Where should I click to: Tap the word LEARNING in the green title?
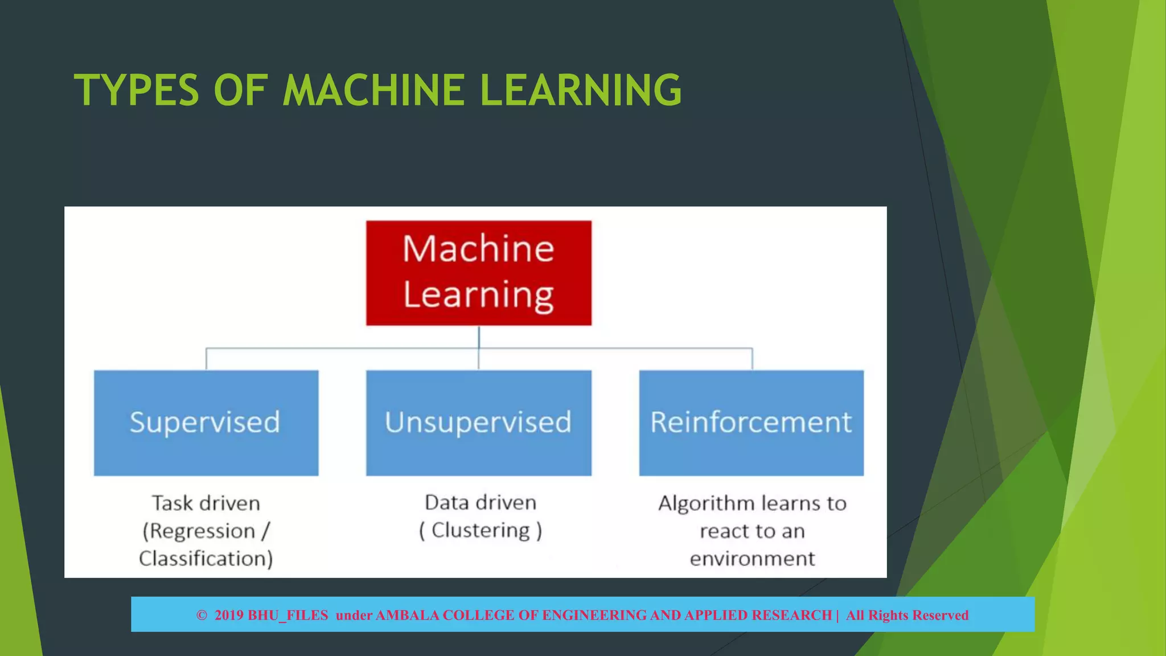[x=580, y=90]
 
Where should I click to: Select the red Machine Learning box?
[x=478, y=273]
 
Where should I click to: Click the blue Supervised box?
[x=206, y=423]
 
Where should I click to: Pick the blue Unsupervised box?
[x=478, y=423]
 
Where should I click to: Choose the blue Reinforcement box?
[x=751, y=423]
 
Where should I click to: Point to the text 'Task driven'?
[x=206, y=503]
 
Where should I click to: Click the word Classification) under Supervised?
[x=206, y=559]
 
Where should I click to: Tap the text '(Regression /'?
[x=206, y=531]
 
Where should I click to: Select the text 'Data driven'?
[x=481, y=502]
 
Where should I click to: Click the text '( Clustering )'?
[x=481, y=530]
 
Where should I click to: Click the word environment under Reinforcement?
[x=752, y=559]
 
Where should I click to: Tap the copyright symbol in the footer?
[x=202, y=615]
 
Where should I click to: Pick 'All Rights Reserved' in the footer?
[x=906, y=615]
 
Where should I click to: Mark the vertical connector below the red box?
[x=479, y=337]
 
